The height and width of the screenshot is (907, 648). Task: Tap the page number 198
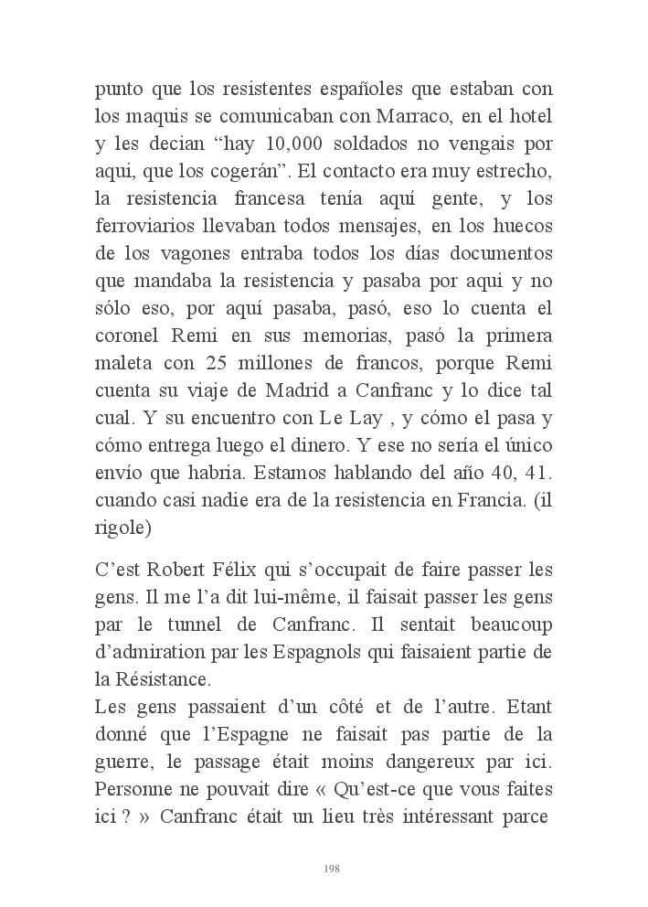tap(332, 869)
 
